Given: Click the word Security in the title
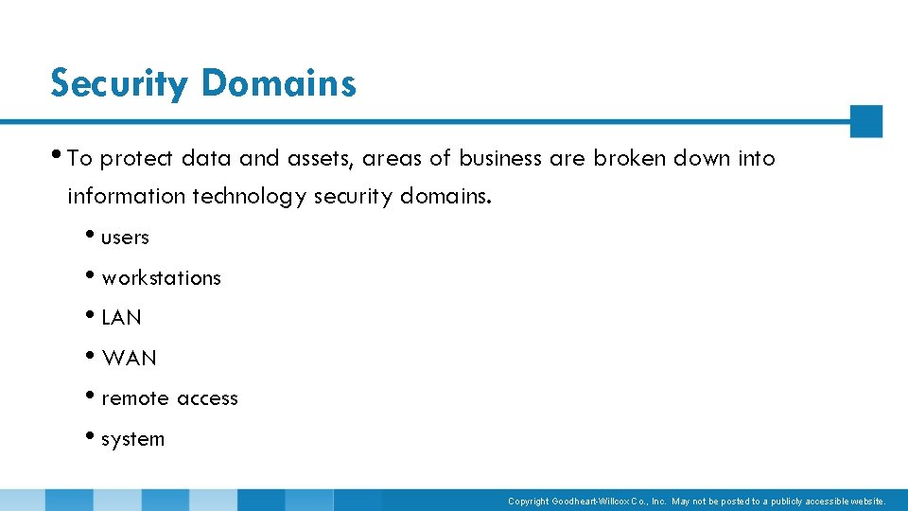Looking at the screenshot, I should [x=120, y=84].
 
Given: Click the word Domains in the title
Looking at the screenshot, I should [x=278, y=83].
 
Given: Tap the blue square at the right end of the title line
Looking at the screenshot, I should [x=865, y=121].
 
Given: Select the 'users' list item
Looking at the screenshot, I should [x=125, y=238].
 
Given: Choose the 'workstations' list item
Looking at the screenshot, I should [x=161, y=278].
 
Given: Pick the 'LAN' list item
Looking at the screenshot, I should [x=121, y=318].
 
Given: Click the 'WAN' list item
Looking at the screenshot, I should [x=129, y=359].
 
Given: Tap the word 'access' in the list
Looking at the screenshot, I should [x=206, y=399].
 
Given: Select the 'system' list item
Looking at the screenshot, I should [x=132, y=439].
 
